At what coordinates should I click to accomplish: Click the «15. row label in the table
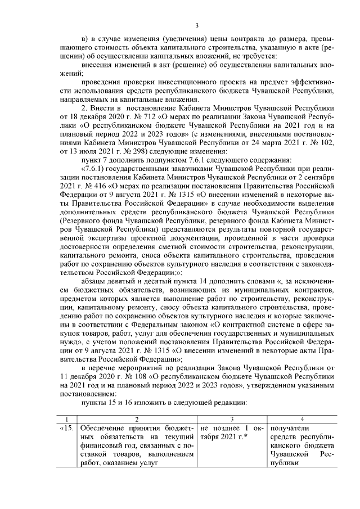[66, 428]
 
